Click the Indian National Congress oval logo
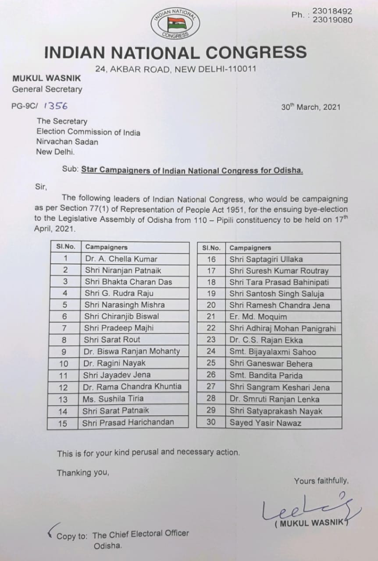pos(175,23)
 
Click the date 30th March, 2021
pos(310,107)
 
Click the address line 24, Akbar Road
pos(175,69)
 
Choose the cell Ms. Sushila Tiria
pos(113,398)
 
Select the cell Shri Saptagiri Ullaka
pos(266,259)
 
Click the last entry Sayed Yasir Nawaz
pos(265,423)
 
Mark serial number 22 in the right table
pos(211,328)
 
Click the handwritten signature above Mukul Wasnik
pos(307,508)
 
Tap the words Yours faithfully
pos(321,481)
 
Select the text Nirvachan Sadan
pos(68,142)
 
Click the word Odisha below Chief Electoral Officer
pos(108,546)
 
